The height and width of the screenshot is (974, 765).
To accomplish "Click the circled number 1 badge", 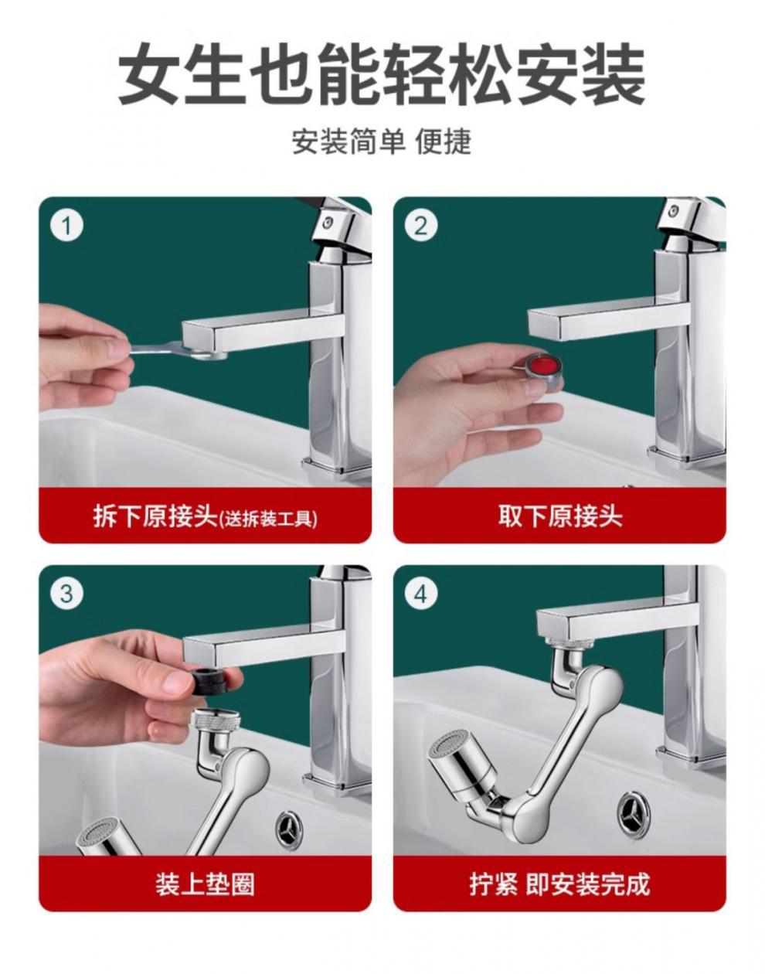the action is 66,226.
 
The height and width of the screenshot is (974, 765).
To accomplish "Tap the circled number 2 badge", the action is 421,226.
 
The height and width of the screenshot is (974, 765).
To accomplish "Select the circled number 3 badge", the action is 66,594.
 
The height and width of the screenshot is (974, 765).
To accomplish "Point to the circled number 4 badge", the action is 421,594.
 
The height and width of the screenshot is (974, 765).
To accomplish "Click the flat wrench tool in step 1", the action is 178,349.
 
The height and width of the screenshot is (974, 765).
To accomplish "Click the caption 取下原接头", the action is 560,516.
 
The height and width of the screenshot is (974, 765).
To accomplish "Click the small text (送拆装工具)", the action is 268,519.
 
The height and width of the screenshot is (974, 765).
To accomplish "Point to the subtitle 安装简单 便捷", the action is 382,141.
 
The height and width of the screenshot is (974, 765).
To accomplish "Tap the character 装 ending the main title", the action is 614,74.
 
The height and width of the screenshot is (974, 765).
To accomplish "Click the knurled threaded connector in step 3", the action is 216,722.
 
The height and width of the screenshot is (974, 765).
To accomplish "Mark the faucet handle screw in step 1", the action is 329,221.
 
